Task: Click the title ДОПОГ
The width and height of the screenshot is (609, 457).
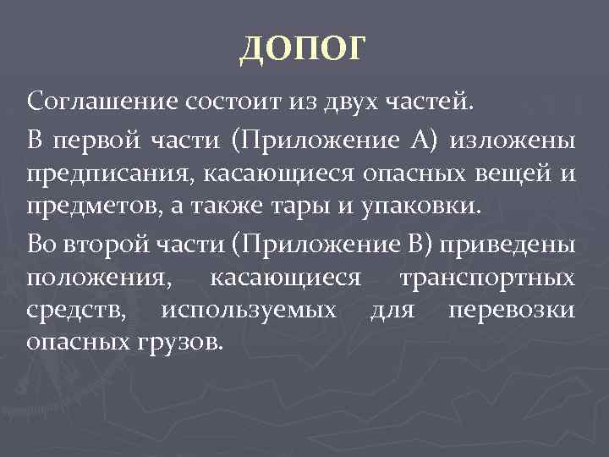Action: pos(304,48)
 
